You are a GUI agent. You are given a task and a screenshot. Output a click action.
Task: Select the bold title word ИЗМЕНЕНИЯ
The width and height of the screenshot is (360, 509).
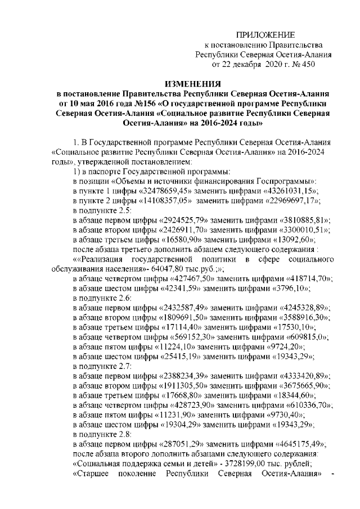point(196,83)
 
